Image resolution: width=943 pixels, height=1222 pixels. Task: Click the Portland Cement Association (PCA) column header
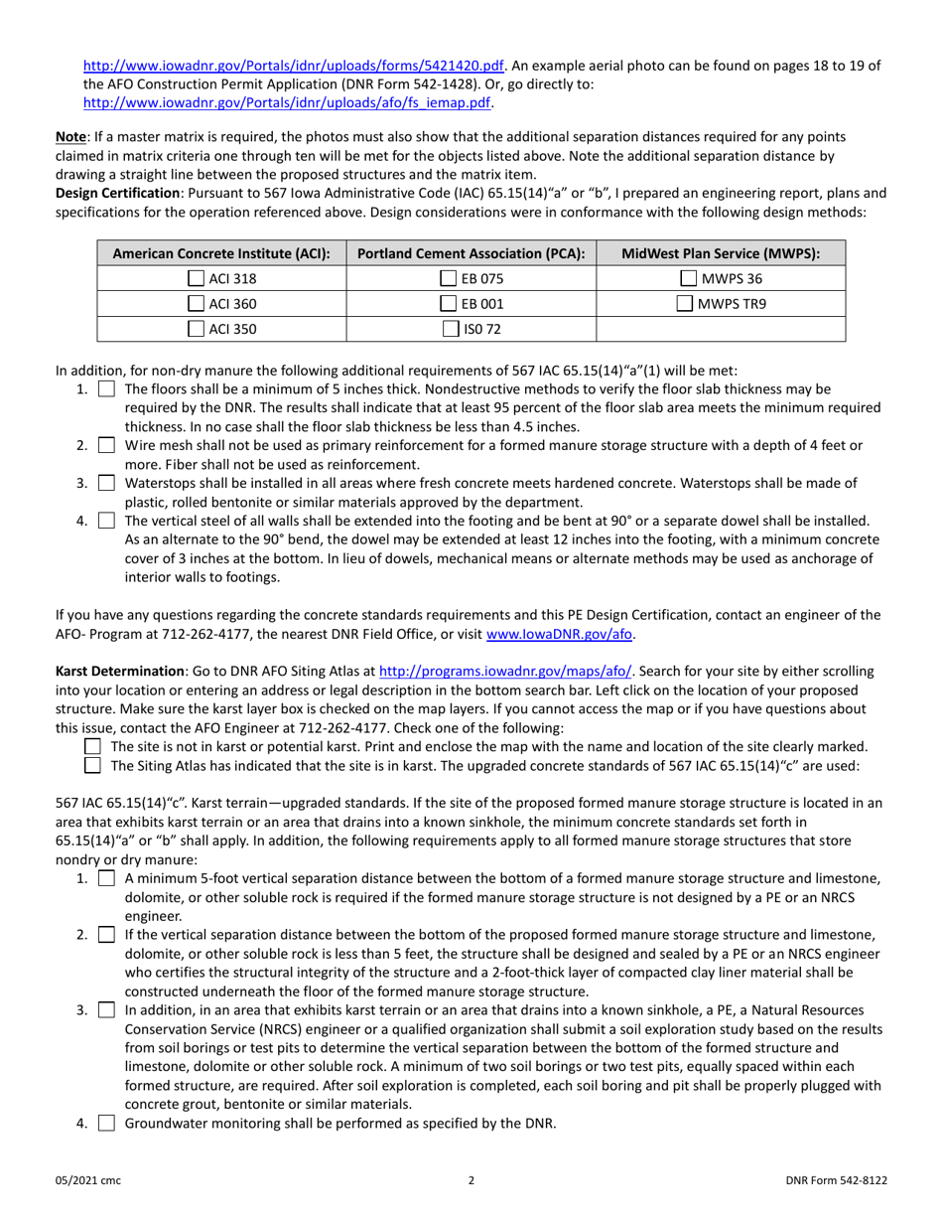click(x=471, y=253)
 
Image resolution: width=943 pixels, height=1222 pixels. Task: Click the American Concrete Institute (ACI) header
click(x=220, y=253)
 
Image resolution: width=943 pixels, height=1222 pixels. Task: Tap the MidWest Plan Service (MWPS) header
click(x=720, y=253)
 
